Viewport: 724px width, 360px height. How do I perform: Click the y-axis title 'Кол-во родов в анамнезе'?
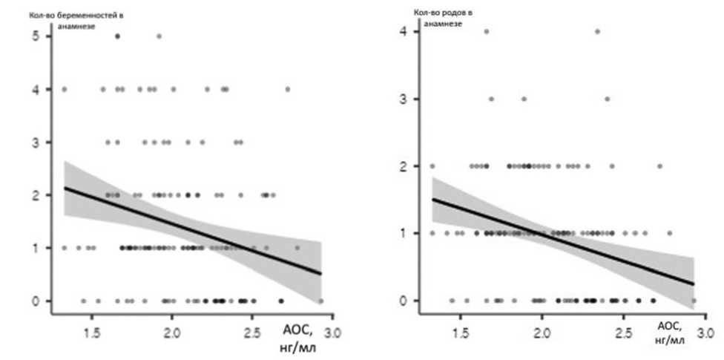click(444, 18)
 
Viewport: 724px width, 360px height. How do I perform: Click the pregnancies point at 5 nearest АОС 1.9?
click(159, 36)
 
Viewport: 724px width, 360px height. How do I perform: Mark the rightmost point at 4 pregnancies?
click(288, 89)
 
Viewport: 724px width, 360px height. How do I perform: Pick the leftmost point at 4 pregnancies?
click(65, 89)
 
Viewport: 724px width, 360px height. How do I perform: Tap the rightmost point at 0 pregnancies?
click(321, 301)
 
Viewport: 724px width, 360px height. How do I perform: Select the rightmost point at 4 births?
click(597, 31)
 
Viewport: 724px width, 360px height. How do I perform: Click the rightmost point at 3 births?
click(607, 99)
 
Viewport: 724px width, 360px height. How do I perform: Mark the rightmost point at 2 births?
click(659, 166)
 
